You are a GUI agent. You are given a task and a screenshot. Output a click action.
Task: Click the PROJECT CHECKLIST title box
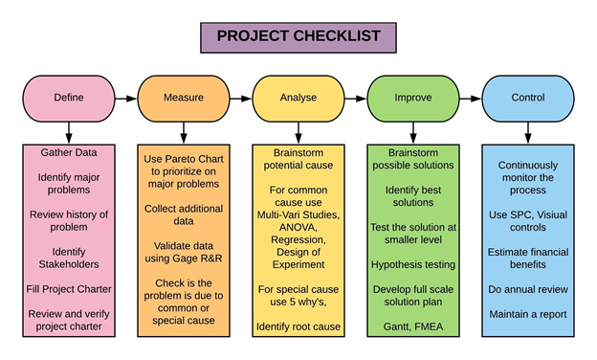click(x=298, y=37)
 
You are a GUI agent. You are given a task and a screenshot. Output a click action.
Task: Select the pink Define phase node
click(x=69, y=99)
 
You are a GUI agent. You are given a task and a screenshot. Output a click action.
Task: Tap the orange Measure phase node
click(x=184, y=99)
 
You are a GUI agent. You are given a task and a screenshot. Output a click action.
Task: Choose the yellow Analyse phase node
click(x=298, y=99)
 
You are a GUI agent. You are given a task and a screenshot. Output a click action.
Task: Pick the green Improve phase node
click(x=413, y=99)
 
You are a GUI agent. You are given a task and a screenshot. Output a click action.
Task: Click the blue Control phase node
click(x=528, y=99)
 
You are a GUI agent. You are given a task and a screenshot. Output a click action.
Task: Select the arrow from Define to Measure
click(x=126, y=99)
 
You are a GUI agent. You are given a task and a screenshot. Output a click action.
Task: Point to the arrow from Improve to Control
click(x=471, y=99)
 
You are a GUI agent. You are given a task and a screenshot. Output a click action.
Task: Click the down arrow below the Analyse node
click(x=298, y=133)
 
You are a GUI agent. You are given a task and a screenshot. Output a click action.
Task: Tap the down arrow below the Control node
click(x=528, y=133)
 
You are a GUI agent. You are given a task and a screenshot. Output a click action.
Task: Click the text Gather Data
click(x=69, y=152)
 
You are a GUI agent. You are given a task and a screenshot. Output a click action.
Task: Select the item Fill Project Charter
click(x=69, y=289)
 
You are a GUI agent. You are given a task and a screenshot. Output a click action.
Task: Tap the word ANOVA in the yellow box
click(x=298, y=228)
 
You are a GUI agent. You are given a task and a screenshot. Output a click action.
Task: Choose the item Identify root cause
click(x=298, y=326)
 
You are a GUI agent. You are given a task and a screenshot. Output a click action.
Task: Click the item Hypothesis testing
click(x=413, y=265)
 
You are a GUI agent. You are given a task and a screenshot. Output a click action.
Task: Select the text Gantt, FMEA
click(x=413, y=326)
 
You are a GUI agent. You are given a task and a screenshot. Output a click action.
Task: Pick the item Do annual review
click(x=528, y=289)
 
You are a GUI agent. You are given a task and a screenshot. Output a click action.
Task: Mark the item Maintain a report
click(x=528, y=314)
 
